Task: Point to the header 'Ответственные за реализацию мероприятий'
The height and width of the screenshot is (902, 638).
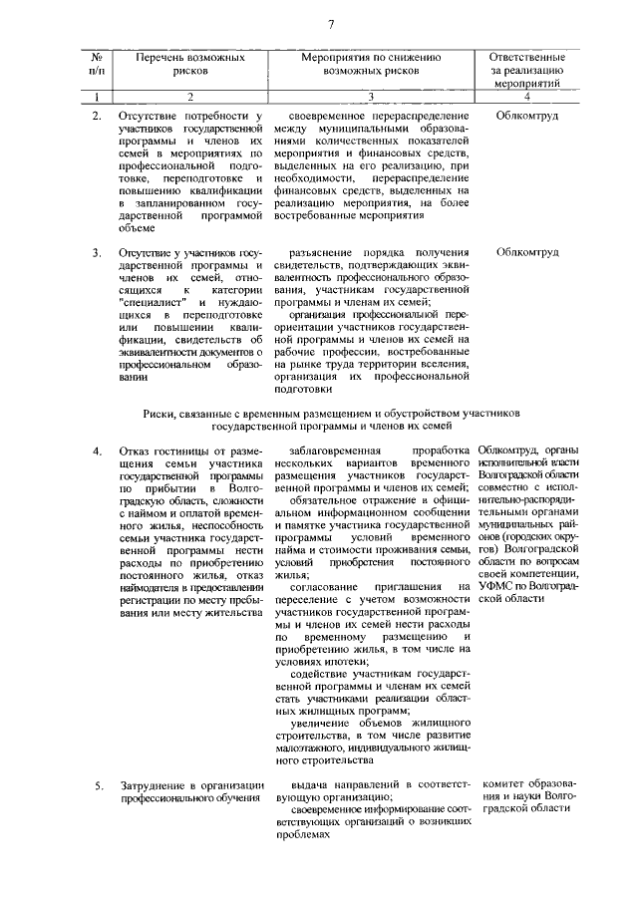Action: (527, 72)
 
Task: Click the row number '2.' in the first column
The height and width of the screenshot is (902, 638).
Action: (97, 117)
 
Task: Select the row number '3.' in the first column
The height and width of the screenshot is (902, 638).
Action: (97, 252)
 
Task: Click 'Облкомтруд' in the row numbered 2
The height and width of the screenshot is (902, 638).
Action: (527, 117)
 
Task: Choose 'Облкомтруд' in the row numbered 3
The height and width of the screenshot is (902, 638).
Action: (527, 252)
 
